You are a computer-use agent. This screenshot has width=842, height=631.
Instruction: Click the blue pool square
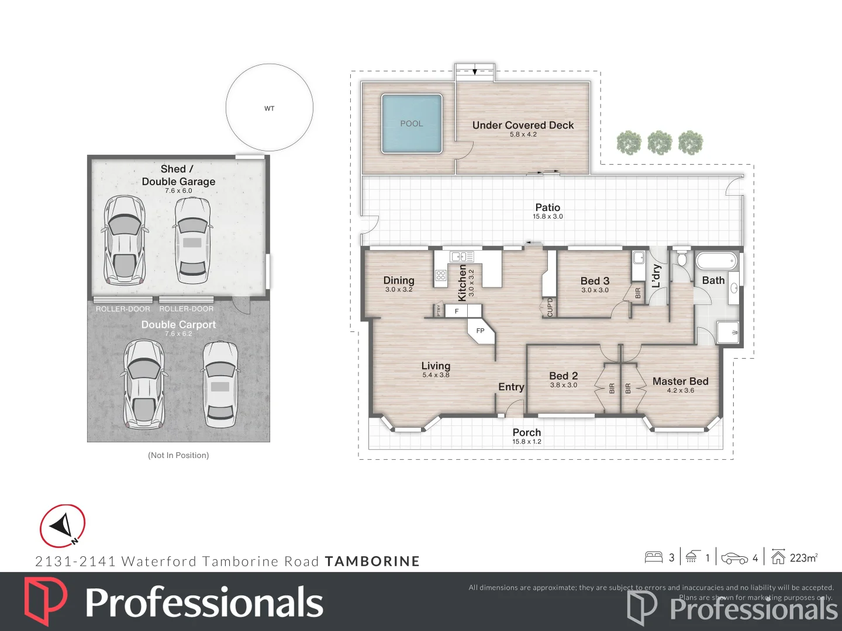coord(412,123)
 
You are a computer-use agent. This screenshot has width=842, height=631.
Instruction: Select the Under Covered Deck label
coord(523,125)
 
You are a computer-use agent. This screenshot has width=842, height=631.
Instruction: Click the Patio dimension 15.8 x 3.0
coord(547,217)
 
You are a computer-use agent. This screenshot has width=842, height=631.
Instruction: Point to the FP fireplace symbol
coord(481,331)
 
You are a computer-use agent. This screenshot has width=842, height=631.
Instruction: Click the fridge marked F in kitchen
coord(457,311)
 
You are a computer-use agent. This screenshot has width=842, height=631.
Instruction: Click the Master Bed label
coord(680,382)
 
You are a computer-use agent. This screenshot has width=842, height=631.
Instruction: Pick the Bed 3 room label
coord(595,281)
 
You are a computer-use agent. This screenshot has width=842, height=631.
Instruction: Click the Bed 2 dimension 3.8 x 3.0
coord(563,385)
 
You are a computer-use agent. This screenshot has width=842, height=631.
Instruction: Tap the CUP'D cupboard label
coord(550,307)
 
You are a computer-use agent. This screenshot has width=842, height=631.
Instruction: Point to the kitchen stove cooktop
coord(441,275)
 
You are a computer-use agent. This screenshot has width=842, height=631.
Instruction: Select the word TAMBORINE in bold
coord(372,561)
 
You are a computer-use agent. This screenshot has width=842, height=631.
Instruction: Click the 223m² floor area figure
coord(803,558)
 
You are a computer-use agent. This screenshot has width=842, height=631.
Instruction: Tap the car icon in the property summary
coord(734,559)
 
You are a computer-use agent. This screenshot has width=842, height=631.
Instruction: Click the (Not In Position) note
coord(178,455)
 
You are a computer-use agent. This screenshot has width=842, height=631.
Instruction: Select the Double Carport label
coord(178,324)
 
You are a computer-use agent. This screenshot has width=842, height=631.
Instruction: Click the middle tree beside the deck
coord(660,143)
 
